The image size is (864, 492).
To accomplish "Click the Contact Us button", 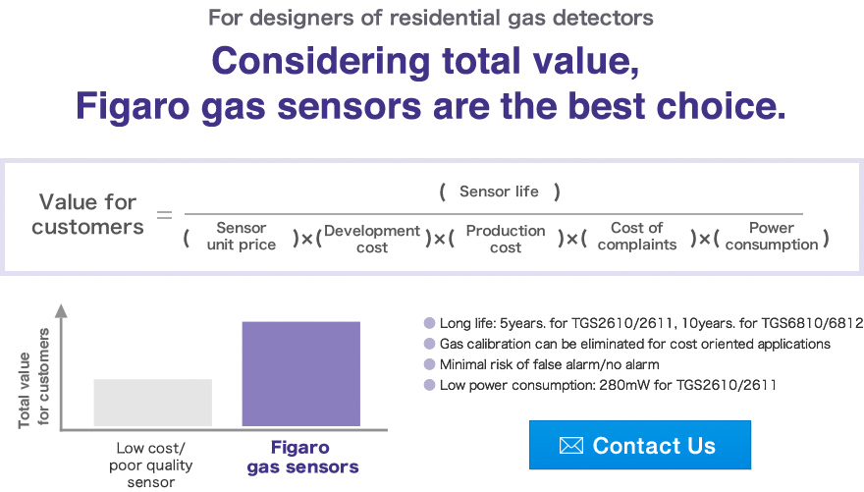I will [639, 445].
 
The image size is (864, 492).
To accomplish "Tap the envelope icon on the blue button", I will [570, 446].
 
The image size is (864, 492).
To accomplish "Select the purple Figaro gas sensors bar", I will [300, 373].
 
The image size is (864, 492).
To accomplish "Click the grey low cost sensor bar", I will [152, 403].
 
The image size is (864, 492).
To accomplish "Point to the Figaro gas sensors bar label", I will [301, 458].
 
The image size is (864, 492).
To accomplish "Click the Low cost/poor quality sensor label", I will [150, 465].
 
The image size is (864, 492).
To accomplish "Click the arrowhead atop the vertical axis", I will [61, 311].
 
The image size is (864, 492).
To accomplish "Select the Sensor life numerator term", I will [499, 191].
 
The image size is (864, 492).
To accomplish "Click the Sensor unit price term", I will [241, 237].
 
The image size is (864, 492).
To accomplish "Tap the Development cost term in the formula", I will [372, 239].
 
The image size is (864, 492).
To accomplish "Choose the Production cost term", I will [505, 239].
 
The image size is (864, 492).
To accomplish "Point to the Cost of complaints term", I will [636, 237].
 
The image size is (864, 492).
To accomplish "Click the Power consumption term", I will [771, 237].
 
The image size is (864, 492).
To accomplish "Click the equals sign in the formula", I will [165, 214].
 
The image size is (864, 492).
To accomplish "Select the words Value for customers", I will [87, 214].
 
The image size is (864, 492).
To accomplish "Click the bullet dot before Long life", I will [429, 322].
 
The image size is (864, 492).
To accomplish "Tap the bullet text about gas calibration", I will [634, 344].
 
